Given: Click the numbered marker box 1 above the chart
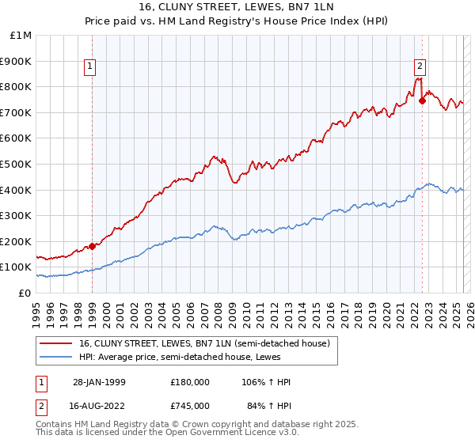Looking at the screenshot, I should pyautogui.click(x=92, y=67).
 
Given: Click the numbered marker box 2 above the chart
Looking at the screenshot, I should pyautogui.click(x=420, y=67).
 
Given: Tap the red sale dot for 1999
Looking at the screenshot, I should pyautogui.click(x=92, y=246).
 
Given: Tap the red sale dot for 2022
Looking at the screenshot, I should pyautogui.click(x=422, y=100).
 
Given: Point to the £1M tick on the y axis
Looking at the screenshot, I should pyautogui.click(x=21, y=36).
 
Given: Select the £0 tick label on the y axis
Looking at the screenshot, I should pyautogui.click(x=25, y=293).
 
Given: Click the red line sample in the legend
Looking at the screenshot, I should pyautogui.click(x=57, y=343).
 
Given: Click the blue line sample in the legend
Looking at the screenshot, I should pyautogui.click(x=57, y=357).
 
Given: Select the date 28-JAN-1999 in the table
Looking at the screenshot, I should pyautogui.click(x=98, y=382).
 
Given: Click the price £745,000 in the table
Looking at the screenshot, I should pyautogui.click(x=189, y=406).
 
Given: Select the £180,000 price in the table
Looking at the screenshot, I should pyautogui.click(x=189, y=382).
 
